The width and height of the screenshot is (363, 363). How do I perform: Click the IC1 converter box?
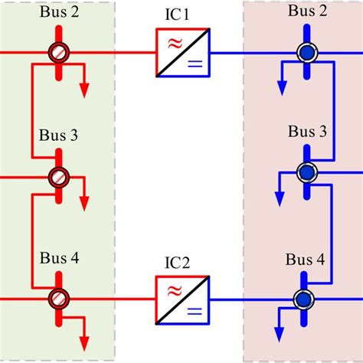coord(181,54)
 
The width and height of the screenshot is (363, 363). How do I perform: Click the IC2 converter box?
coord(181,299)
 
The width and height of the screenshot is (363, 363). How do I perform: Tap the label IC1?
coord(181,15)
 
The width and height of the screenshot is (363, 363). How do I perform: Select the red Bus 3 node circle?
coord(59,176)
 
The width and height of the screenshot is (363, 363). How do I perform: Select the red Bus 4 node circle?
coord(59,299)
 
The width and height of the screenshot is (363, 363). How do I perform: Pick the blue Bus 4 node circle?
coord(305,299)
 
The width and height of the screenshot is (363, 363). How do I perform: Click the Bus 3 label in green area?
coord(58,136)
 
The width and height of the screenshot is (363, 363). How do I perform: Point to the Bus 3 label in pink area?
coord(306,132)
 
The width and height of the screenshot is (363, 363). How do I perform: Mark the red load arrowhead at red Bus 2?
coord(84,90)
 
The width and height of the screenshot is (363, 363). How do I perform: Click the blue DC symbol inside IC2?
coord(194,311)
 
